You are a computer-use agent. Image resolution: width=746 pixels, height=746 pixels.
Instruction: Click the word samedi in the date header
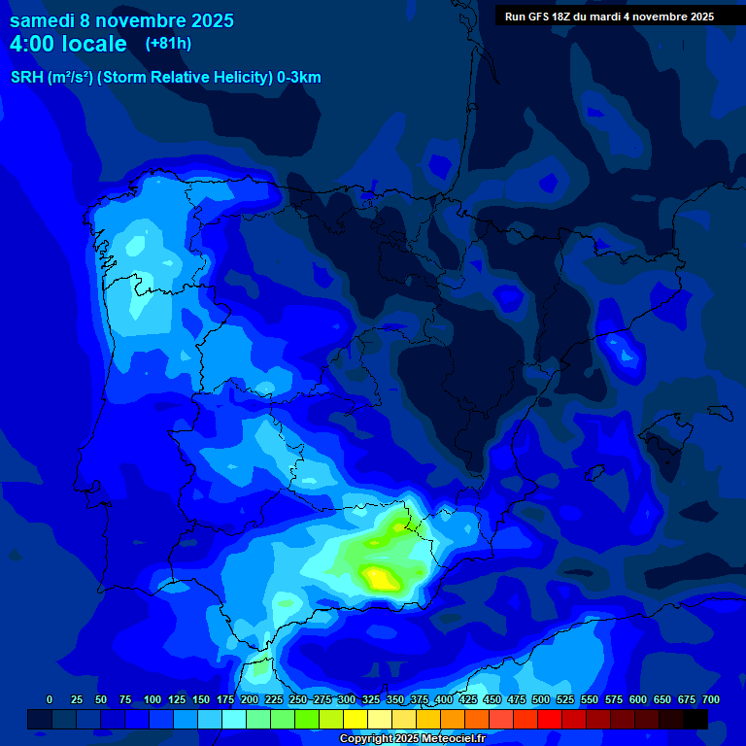(42, 20)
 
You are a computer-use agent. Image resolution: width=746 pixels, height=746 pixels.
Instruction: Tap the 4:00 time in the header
(35, 44)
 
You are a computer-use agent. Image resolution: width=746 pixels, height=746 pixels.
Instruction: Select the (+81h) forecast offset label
(168, 43)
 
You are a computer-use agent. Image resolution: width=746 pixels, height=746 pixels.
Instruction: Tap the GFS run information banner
(609, 17)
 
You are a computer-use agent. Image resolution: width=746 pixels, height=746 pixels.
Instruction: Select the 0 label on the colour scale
(50, 700)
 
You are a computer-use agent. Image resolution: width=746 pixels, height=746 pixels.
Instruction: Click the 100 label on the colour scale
(153, 700)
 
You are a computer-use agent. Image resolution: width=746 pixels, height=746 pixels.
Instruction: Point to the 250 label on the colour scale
(298, 700)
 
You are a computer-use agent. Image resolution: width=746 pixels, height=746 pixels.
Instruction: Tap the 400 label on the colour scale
(444, 700)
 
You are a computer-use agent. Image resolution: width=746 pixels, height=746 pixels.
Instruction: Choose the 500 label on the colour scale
(541, 700)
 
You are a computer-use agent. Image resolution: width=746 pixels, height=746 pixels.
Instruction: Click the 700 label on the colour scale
(711, 700)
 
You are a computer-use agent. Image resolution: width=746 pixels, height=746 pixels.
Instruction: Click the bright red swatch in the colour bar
(550, 720)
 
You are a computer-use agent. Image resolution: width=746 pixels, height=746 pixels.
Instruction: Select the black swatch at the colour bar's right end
(695, 720)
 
